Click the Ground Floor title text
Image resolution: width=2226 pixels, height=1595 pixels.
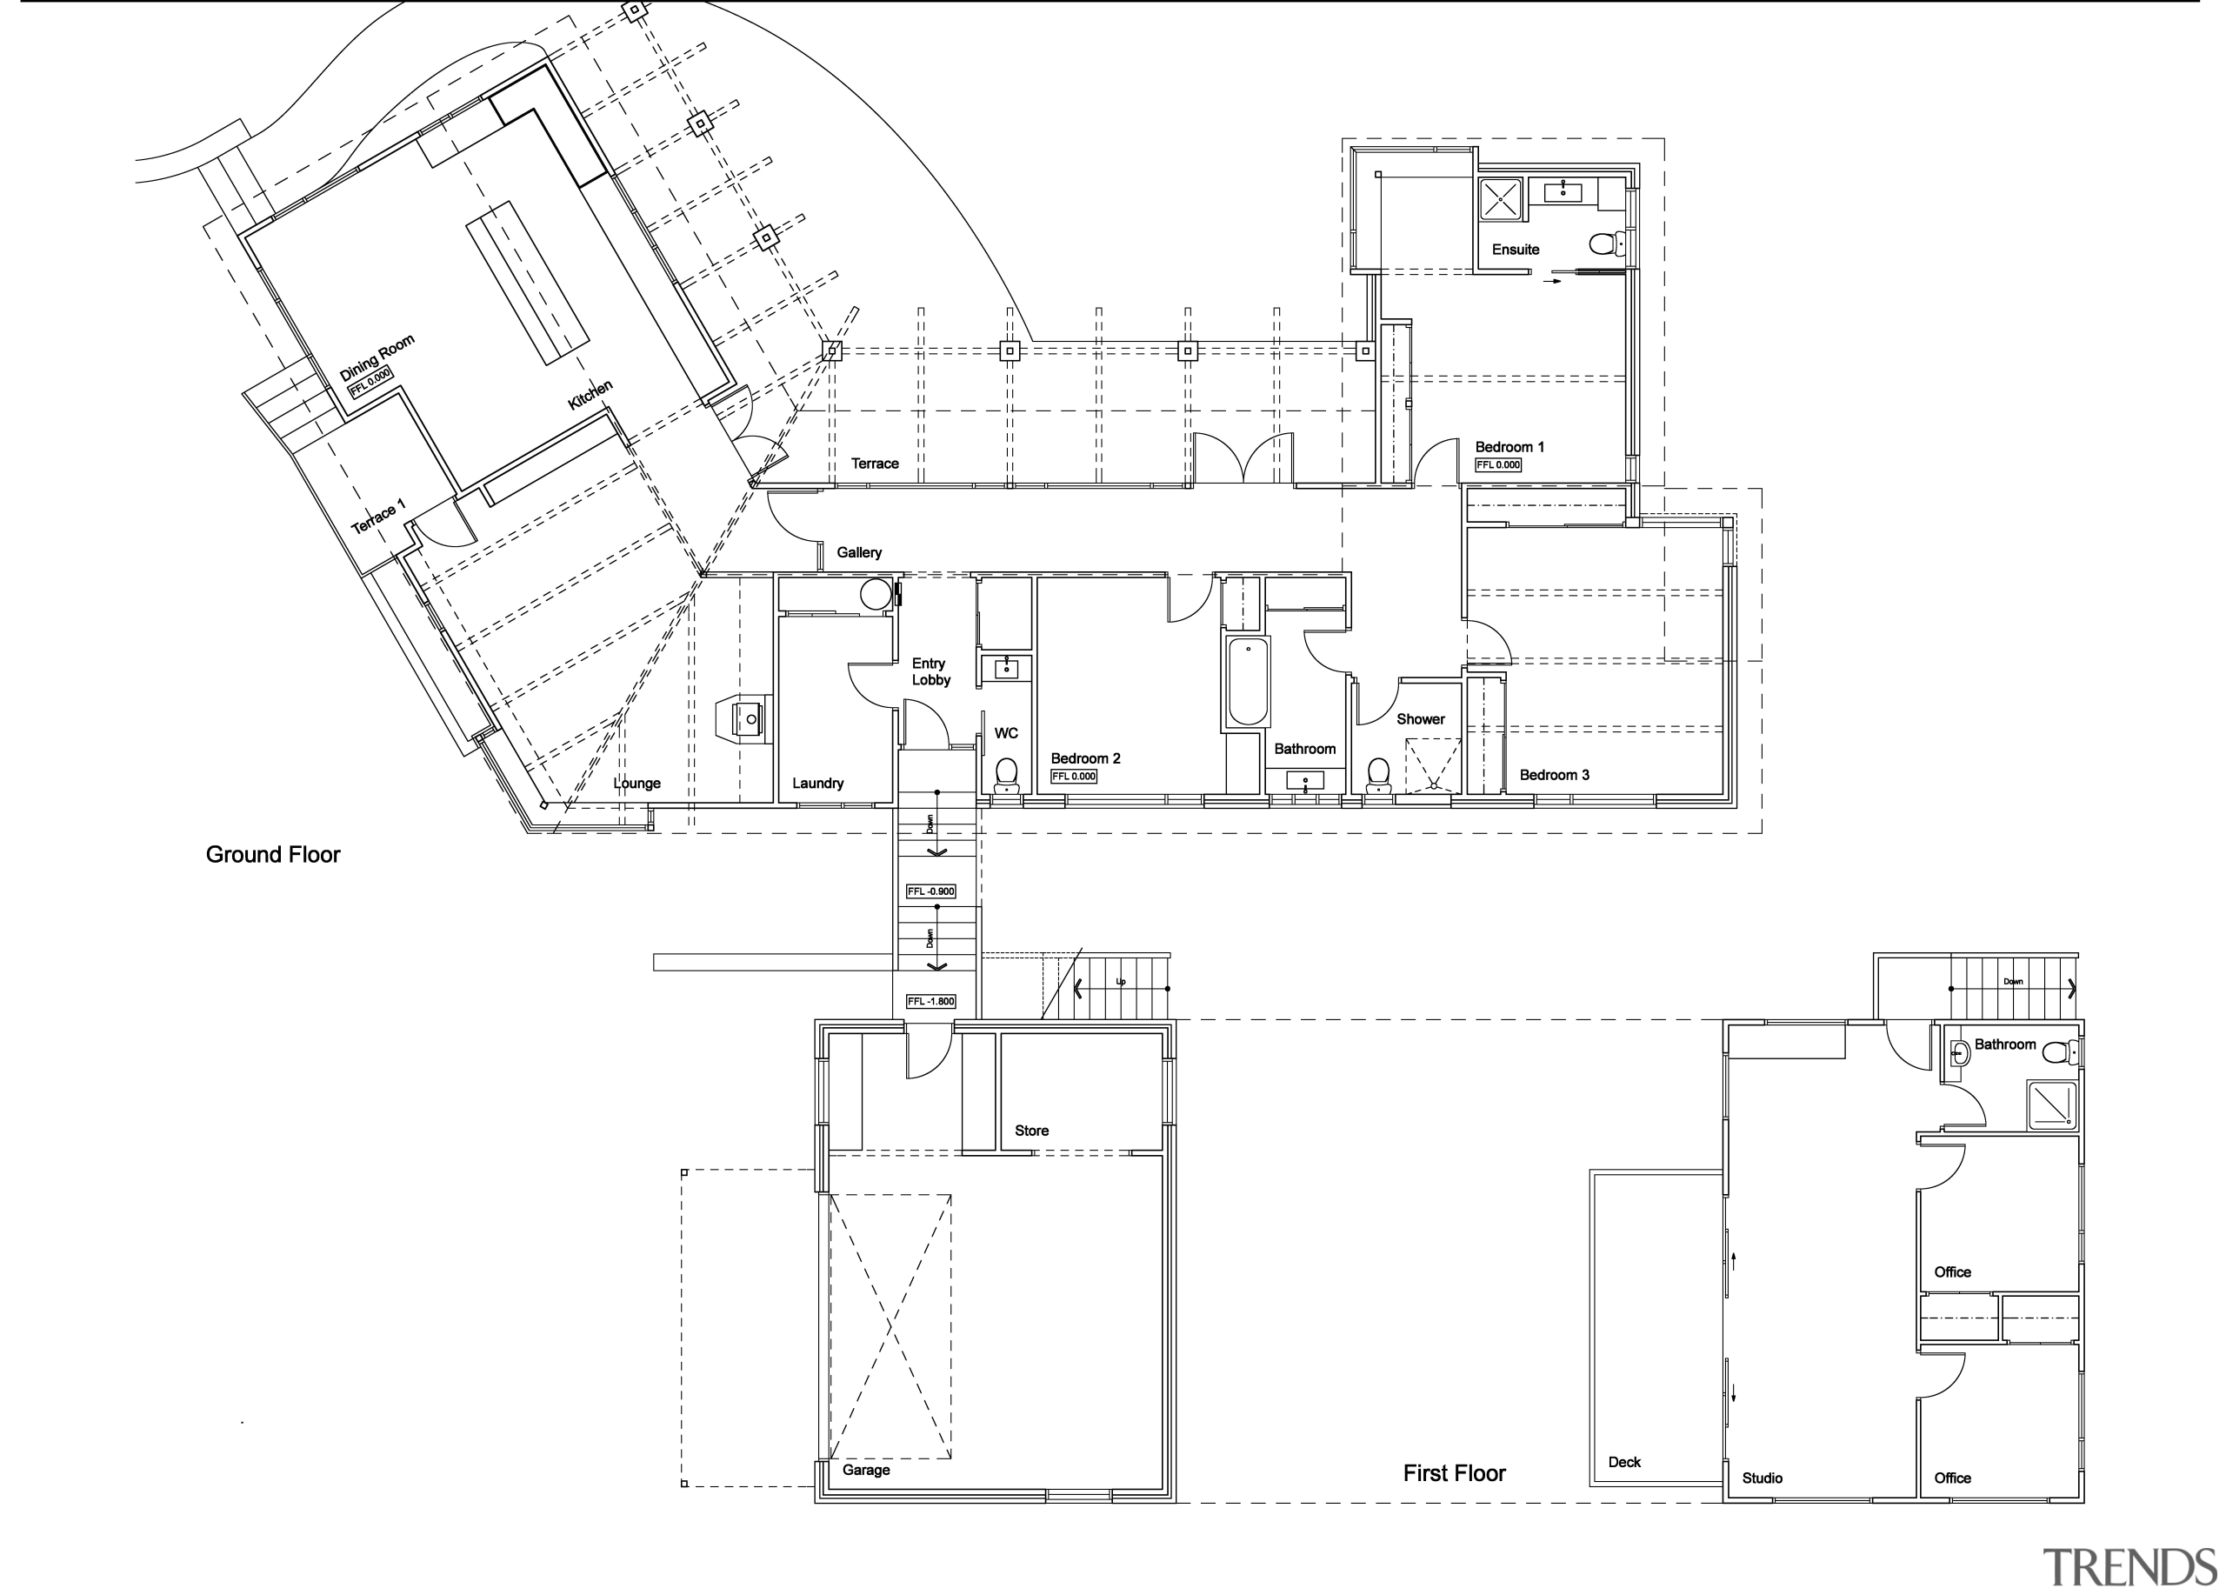click(x=273, y=855)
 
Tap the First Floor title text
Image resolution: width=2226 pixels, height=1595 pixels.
click(x=1453, y=1473)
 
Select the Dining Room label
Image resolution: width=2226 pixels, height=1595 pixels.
click(x=377, y=358)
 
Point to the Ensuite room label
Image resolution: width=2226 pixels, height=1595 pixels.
click(x=1515, y=250)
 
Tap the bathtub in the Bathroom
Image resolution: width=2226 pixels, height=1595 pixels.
click(x=1248, y=682)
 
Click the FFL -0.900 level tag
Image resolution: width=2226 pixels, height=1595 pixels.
click(x=930, y=892)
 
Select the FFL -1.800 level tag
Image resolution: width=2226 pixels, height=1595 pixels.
click(x=930, y=1002)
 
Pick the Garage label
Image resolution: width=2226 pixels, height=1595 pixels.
click(x=866, y=1471)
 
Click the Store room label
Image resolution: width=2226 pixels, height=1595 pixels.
click(x=1030, y=1131)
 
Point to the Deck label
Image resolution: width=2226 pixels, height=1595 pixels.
click(x=1623, y=1463)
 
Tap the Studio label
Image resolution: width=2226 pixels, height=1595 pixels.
click(x=1762, y=1478)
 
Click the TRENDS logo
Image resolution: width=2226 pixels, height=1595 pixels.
click(x=2128, y=1567)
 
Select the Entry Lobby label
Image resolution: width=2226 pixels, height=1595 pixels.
click(x=930, y=672)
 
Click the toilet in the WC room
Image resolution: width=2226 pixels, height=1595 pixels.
click(x=1006, y=774)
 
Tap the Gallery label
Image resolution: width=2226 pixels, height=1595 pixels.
click(x=859, y=552)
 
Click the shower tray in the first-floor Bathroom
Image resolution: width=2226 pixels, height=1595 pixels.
click(x=2051, y=1105)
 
